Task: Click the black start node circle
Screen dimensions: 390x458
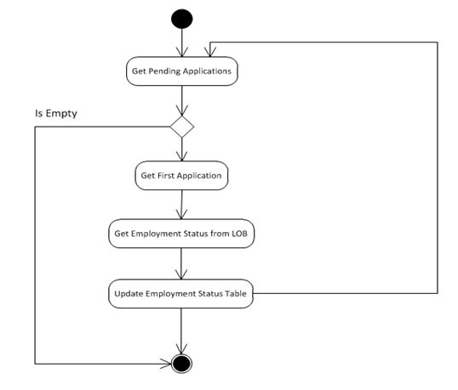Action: click(x=181, y=18)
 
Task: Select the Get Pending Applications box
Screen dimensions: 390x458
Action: click(x=181, y=71)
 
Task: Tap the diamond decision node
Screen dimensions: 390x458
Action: click(x=182, y=127)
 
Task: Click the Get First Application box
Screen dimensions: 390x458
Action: click(x=181, y=176)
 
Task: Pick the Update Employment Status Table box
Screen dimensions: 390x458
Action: click(x=181, y=294)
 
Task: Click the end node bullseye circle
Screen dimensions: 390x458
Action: click(x=181, y=363)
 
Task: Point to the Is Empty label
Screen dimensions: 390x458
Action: click(x=55, y=112)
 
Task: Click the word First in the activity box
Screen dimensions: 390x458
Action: click(x=169, y=176)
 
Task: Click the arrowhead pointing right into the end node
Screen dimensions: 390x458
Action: click(x=167, y=363)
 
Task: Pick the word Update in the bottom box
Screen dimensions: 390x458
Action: click(x=129, y=295)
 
